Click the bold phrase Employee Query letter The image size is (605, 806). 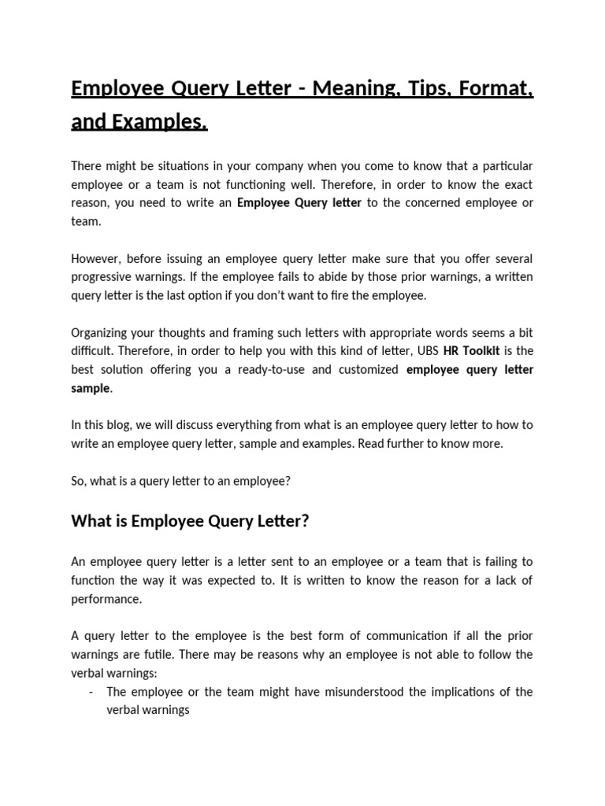(299, 203)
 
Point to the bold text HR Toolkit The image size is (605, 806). (472, 351)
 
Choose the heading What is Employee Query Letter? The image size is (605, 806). (190, 520)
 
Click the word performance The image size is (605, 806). (106, 598)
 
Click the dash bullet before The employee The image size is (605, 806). (92, 692)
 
